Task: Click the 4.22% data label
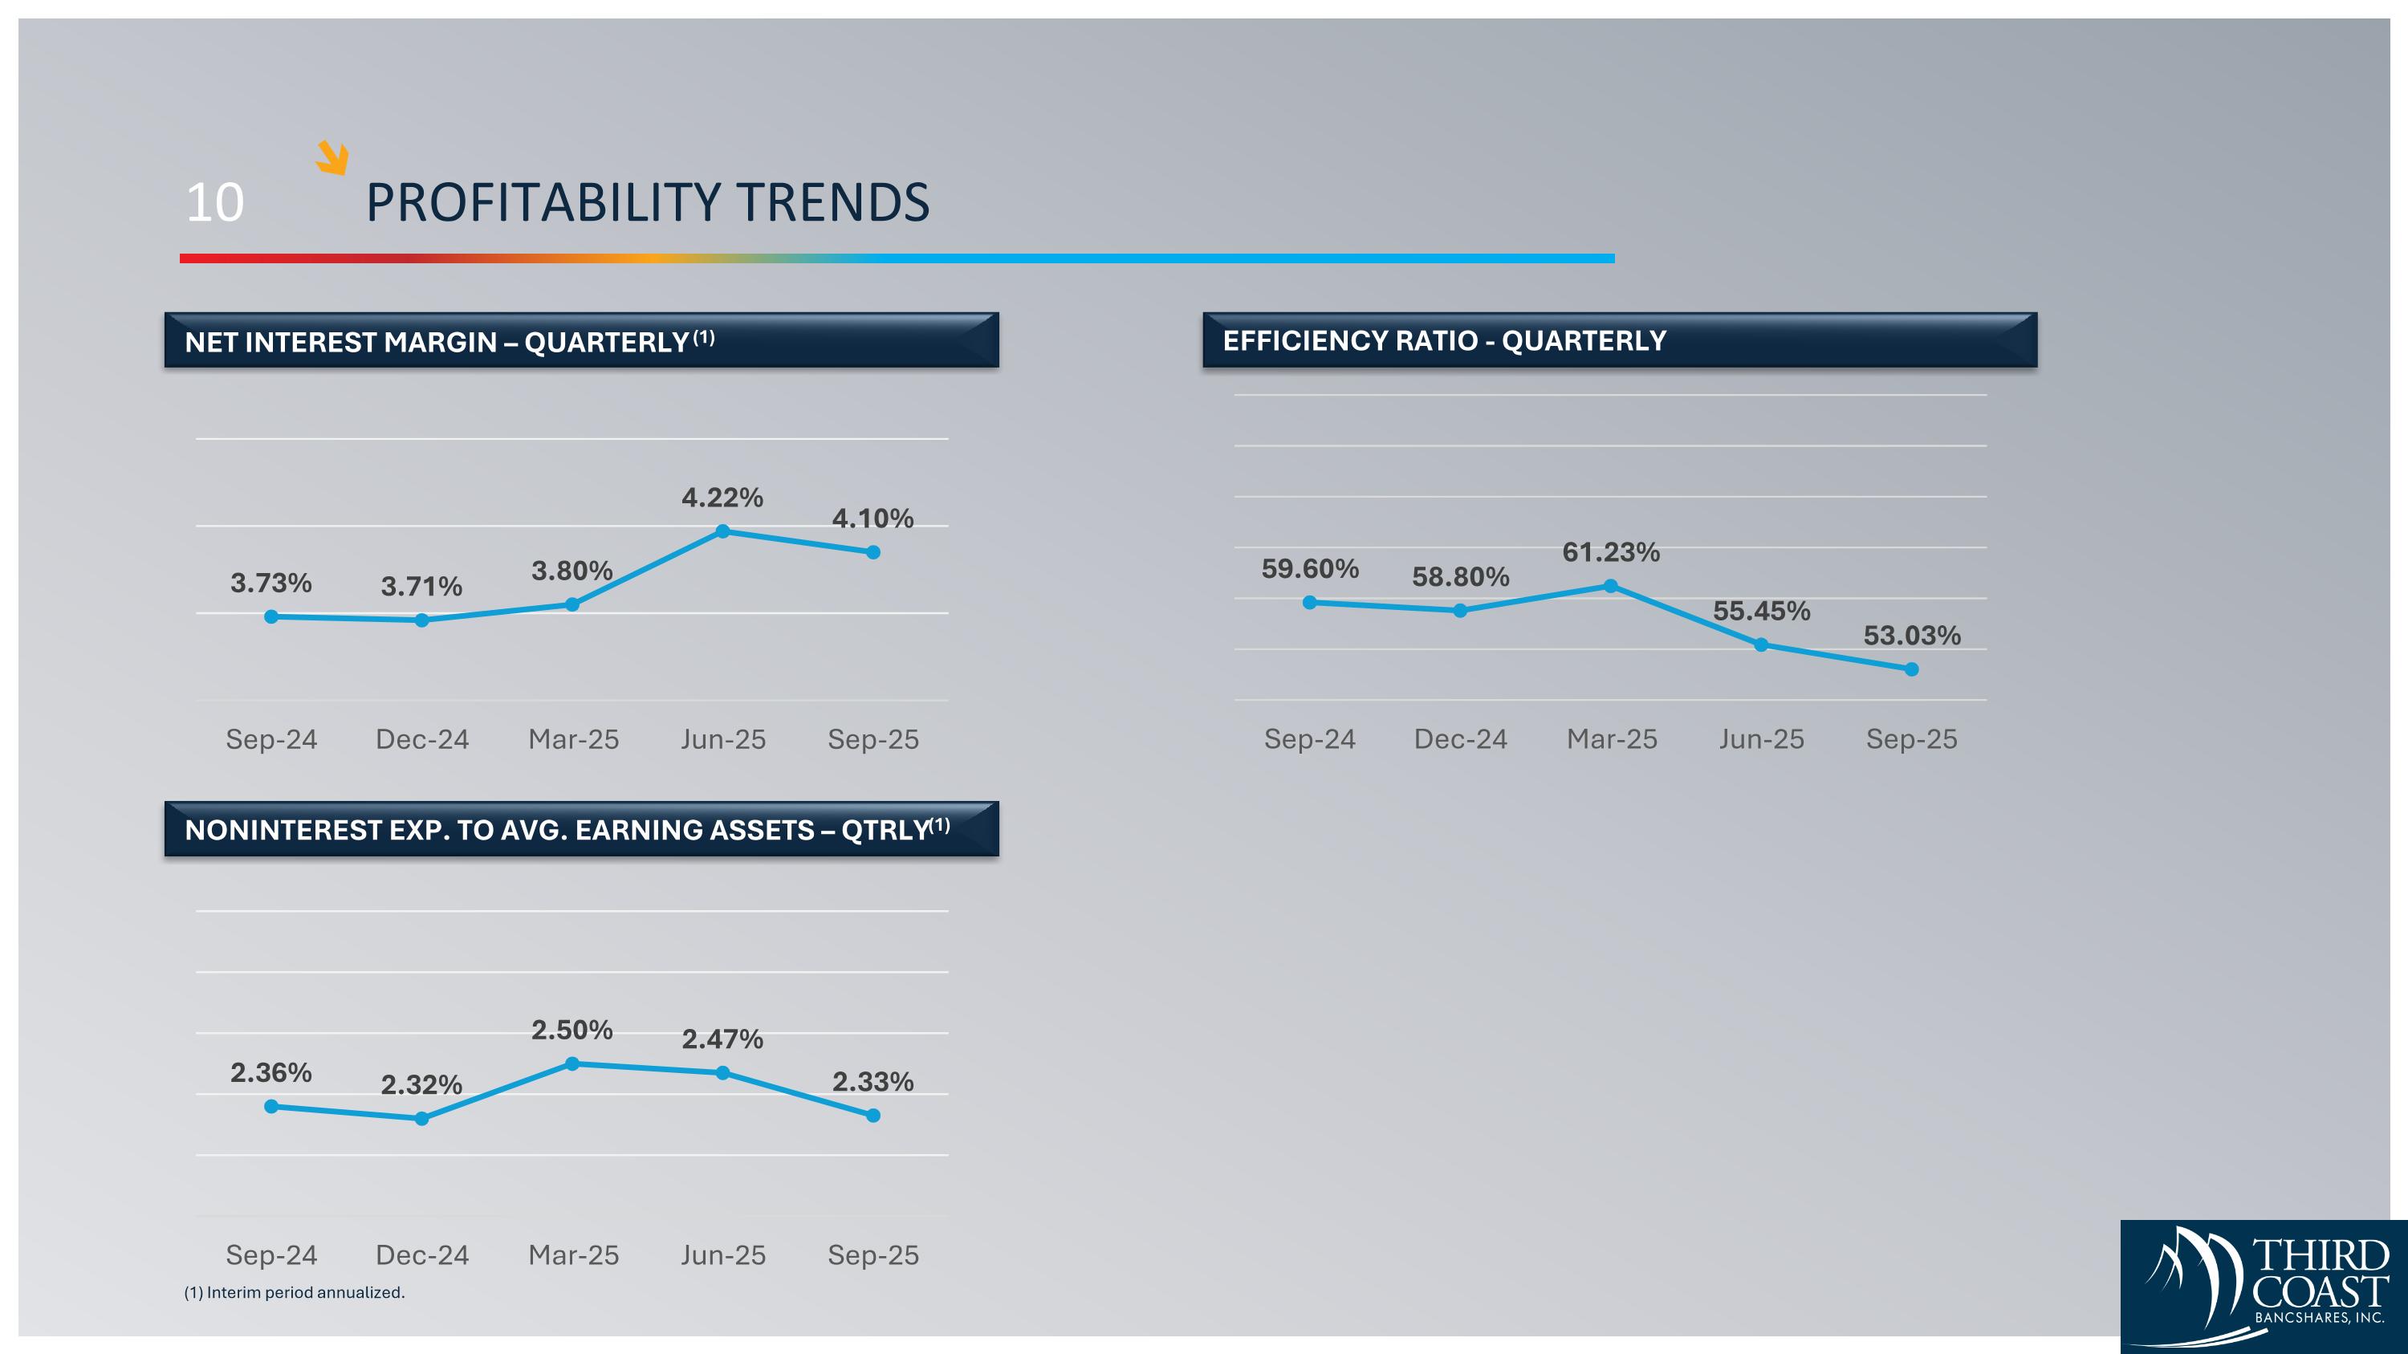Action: tap(722, 497)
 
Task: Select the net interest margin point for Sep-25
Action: tap(873, 552)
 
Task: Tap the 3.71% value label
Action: tap(421, 587)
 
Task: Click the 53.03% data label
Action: tap(1912, 636)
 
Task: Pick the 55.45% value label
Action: tap(1761, 611)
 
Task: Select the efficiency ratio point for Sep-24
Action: tap(1310, 603)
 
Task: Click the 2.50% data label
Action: tap(572, 1030)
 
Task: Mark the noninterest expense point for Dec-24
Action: tap(421, 1119)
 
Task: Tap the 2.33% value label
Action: tap(873, 1081)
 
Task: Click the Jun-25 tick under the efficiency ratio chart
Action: tap(1761, 739)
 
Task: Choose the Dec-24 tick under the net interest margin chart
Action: tap(421, 739)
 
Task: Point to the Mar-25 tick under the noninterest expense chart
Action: tap(573, 1255)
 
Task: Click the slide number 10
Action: tap(215, 203)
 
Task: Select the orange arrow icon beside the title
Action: tap(332, 157)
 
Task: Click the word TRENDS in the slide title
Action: tap(832, 203)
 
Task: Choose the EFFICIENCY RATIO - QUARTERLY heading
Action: tap(1444, 341)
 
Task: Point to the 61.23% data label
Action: tap(1611, 552)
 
